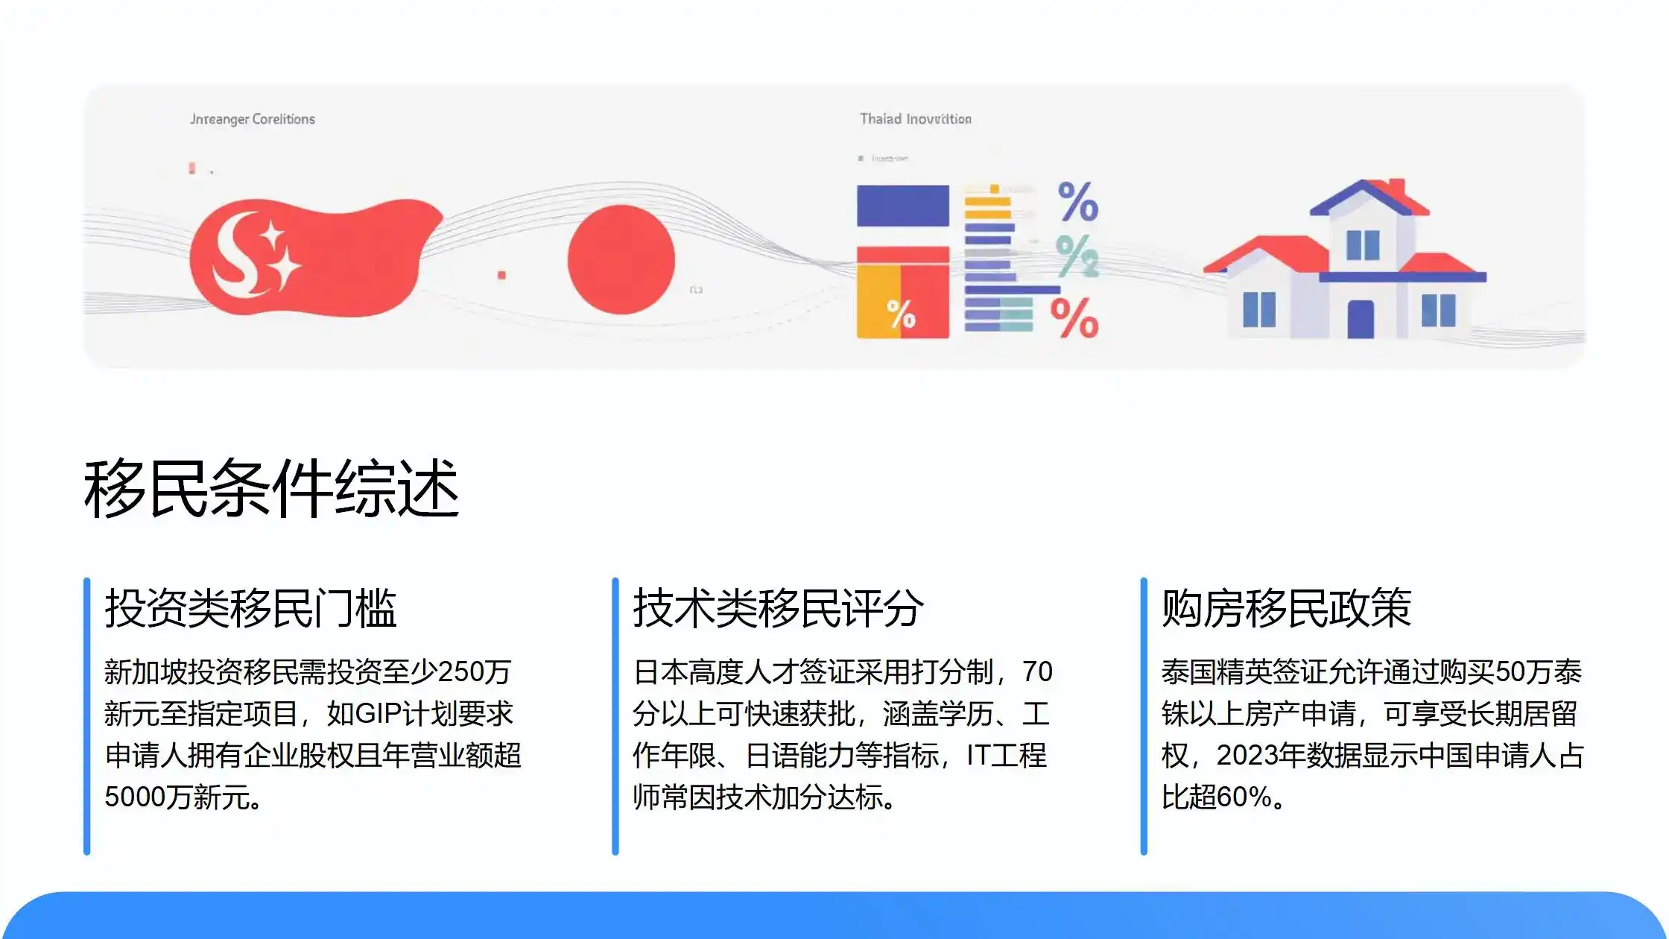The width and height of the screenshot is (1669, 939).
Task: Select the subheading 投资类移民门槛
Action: (x=250, y=608)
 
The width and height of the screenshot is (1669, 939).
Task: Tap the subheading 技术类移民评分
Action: (x=778, y=608)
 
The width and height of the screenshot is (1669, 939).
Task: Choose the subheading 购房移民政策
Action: (x=1286, y=608)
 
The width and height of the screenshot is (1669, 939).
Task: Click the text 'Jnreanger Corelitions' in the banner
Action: (x=252, y=119)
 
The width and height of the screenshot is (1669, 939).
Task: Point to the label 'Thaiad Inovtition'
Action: (x=915, y=119)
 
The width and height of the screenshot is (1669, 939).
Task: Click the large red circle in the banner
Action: (x=621, y=259)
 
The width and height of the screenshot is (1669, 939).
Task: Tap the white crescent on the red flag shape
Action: (x=231, y=257)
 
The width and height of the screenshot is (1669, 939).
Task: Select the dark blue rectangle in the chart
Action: (x=902, y=206)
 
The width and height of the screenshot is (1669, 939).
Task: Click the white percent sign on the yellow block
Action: (x=901, y=314)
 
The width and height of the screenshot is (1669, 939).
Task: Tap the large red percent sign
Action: (x=1074, y=318)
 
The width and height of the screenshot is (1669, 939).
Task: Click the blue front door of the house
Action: (x=1361, y=319)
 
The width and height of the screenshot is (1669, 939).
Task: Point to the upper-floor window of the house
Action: (x=1363, y=245)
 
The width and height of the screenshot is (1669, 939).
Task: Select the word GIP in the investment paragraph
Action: (x=379, y=714)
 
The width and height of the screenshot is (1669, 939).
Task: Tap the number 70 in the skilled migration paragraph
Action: (x=1037, y=672)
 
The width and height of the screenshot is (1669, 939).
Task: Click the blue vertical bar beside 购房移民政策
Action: (x=1144, y=715)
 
